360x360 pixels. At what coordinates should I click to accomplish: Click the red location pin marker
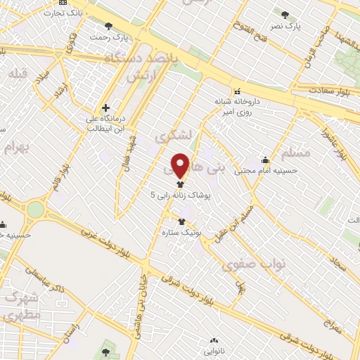[181, 165]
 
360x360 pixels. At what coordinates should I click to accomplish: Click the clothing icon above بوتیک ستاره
[181, 221]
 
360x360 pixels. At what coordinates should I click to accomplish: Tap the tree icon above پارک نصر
[285, 14]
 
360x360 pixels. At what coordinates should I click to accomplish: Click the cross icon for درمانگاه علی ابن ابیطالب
[105, 108]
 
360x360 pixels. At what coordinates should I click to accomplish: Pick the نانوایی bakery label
[214, 349]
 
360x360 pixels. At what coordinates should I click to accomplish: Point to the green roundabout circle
[35, 209]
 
